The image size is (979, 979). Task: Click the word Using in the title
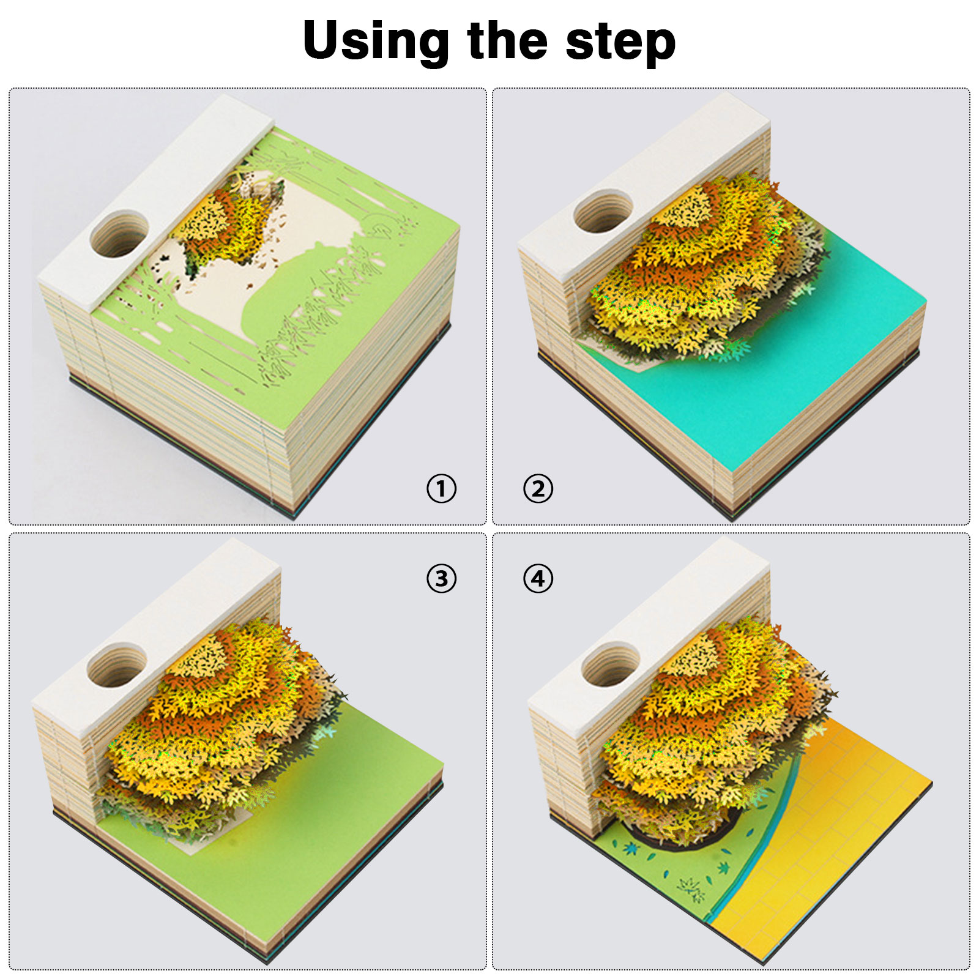pyautogui.click(x=376, y=42)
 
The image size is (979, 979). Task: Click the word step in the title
pyautogui.click(x=620, y=43)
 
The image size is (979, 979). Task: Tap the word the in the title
pyautogui.click(x=507, y=40)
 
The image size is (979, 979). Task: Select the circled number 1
pyautogui.click(x=441, y=489)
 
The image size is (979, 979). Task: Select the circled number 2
pyautogui.click(x=538, y=489)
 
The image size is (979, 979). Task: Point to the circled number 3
pyautogui.click(x=441, y=578)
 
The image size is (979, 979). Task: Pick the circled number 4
pyautogui.click(x=538, y=578)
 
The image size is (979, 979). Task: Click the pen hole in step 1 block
pyautogui.click(x=119, y=234)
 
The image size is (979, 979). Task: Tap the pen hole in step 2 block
pyautogui.click(x=603, y=211)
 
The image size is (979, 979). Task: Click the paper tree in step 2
pyautogui.click(x=704, y=269)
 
